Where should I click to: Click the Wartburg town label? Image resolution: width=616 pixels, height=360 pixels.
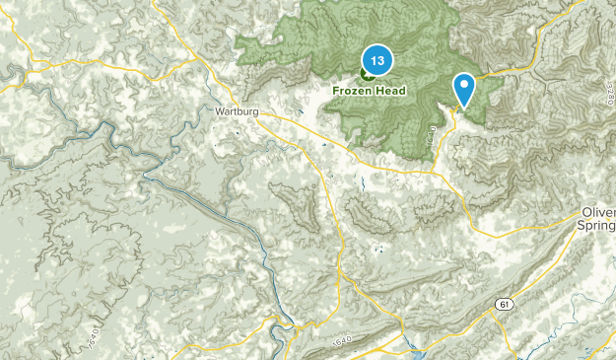[x=237, y=112]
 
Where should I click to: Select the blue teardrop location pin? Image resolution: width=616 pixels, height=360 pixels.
[x=464, y=89]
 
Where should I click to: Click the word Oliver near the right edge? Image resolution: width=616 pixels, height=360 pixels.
[x=596, y=213]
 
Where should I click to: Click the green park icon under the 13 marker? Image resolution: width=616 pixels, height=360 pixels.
[x=369, y=74]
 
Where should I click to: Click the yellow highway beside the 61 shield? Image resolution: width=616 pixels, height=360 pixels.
[x=522, y=296]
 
